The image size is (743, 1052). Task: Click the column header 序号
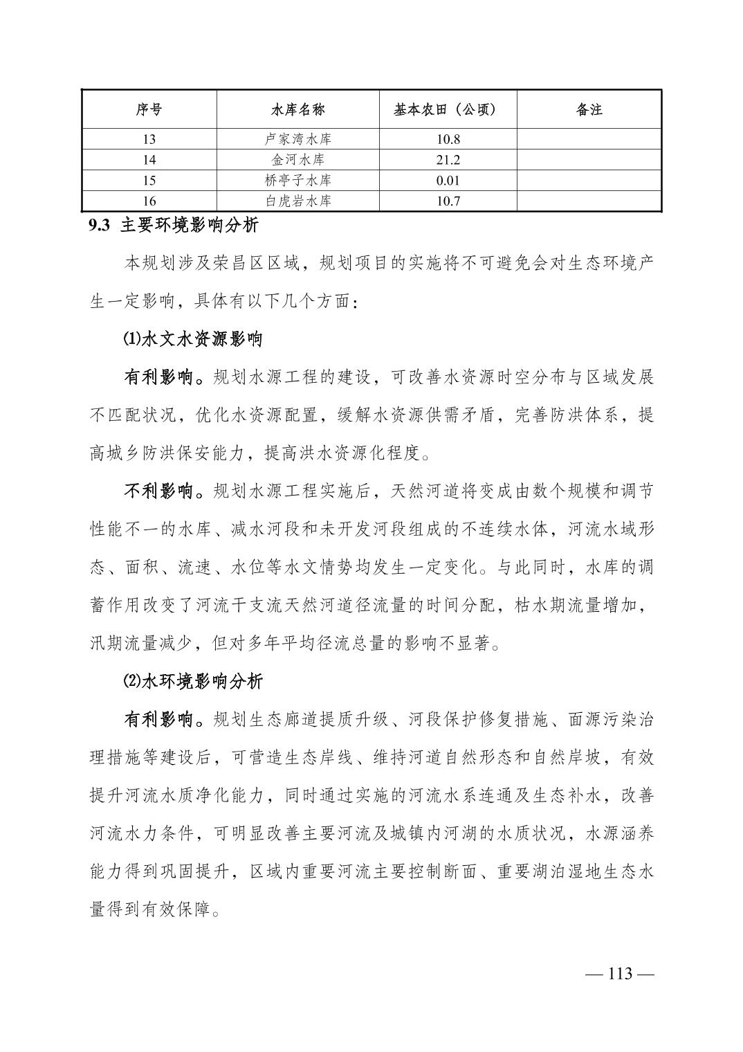149,109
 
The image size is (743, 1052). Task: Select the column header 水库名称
297,109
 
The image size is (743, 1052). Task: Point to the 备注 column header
589,109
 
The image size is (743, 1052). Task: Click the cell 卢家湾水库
297,139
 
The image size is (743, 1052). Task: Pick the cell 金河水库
297,160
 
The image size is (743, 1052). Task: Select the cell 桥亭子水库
297,181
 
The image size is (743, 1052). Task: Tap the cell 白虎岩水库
297,201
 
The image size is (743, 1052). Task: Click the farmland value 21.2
448,160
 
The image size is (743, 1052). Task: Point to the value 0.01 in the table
448,181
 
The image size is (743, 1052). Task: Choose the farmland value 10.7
448,201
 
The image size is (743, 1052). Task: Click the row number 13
149,139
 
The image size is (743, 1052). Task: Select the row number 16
149,201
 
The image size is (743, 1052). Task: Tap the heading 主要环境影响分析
190,226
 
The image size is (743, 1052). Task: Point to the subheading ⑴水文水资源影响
193,340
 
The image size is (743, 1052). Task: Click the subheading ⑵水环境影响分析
193,681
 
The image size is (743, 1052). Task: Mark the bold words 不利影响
158,491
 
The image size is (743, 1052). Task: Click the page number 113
620,974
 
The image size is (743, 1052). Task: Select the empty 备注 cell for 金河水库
589,160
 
